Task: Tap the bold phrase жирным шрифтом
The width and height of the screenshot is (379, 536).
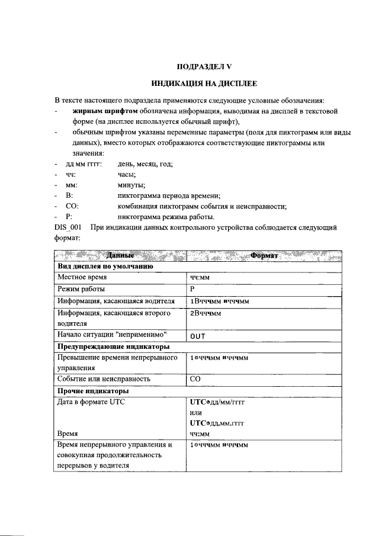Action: click(105, 110)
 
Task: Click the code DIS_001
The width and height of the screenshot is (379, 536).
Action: click(67, 227)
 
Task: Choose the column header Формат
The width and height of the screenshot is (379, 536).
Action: click(265, 255)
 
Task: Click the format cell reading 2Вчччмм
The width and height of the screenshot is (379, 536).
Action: click(205, 313)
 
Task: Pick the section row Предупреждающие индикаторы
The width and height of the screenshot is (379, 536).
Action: click(113, 346)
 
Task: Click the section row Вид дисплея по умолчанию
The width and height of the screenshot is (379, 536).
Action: click(104, 266)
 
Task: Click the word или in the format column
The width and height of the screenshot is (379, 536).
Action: click(196, 412)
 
